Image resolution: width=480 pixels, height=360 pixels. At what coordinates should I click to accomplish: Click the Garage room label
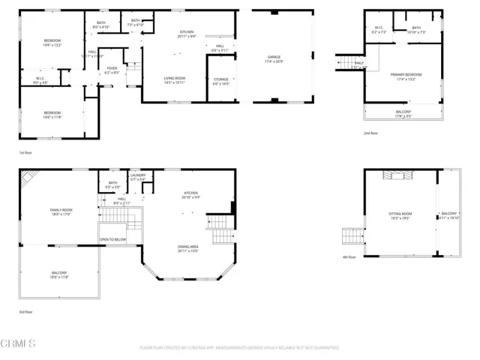274,58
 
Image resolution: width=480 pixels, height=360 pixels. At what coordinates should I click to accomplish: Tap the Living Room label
175,80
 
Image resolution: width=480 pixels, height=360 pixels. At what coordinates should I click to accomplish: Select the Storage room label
220,80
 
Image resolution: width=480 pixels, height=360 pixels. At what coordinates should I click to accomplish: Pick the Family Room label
61,212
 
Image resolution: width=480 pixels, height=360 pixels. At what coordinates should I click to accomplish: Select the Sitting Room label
398,216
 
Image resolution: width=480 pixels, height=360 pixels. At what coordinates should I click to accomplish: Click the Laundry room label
137,178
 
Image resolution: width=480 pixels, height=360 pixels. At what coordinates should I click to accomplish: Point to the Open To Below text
112,240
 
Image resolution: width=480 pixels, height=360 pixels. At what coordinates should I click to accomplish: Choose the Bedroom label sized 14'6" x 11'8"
51,115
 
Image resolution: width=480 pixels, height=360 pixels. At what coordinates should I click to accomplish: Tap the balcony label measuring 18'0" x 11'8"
59,274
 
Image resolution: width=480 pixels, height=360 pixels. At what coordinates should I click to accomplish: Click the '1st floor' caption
26,152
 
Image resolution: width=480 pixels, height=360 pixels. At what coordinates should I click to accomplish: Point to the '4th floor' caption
349,257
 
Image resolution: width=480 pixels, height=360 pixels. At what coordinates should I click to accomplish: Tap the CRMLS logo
19,344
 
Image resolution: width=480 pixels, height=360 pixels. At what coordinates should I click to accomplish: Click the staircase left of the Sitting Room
352,238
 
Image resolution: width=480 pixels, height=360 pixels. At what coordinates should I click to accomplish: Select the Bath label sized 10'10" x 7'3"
415,30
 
